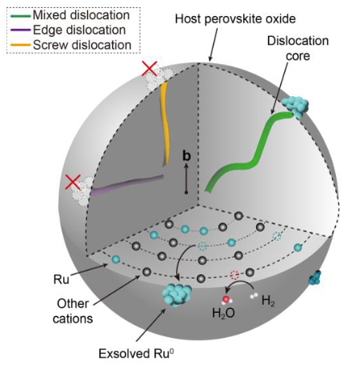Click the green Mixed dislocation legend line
pyautogui.click(x=21, y=16)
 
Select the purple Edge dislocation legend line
pyautogui.click(x=21, y=30)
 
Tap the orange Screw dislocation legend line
pyautogui.click(x=21, y=45)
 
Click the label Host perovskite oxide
pyautogui.click(x=235, y=19)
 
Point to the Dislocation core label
pyautogui.click(x=298, y=48)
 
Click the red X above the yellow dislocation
pyautogui.click(x=150, y=69)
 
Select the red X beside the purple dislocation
pyautogui.click(x=73, y=182)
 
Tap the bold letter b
pyautogui.click(x=186, y=155)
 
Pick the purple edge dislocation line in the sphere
pyautogui.click(x=126, y=184)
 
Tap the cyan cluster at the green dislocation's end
pyautogui.click(x=295, y=107)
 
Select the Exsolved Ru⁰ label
pyautogui.click(x=137, y=354)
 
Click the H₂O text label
pyautogui.click(x=223, y=313)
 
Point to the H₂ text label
pyautogui.click(x=268, y=301)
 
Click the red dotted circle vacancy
pyautogui.click(x=234, y=275)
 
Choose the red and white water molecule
pyautogui.click(x=226, y=300)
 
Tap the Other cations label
pyautogui.click(x=73, y=311)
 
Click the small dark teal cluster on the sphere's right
pyautogui.click(x=315, y=279)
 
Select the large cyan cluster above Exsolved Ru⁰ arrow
pyautogui.click(x=177, y=295)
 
